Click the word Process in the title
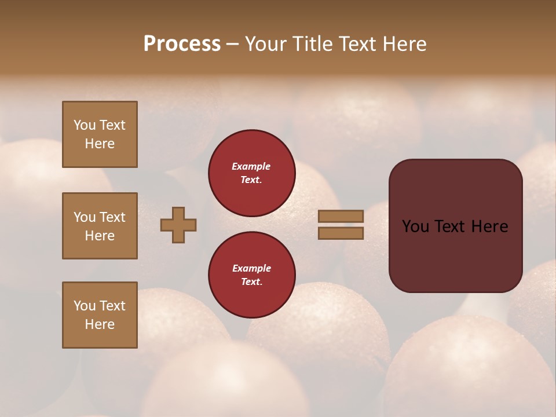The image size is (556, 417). point(182,44)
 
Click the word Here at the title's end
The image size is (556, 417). point(403,44)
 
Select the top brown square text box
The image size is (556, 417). point(100,134)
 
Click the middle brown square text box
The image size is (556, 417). point(100,226)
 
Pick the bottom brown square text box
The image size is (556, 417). point(100,315)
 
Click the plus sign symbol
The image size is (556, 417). point(178,225)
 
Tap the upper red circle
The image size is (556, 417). point(252,173)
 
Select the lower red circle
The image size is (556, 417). point(252,275)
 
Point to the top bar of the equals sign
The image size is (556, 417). point(341,217)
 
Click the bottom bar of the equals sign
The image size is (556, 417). point(341,233)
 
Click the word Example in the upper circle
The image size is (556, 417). point(251,166)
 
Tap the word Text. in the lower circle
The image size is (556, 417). point(251,281)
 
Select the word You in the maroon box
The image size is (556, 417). point(415,226)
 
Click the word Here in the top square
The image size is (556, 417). point(100,144)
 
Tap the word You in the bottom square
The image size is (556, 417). point(85,306)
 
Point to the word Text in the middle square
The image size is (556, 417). point(112,217)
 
